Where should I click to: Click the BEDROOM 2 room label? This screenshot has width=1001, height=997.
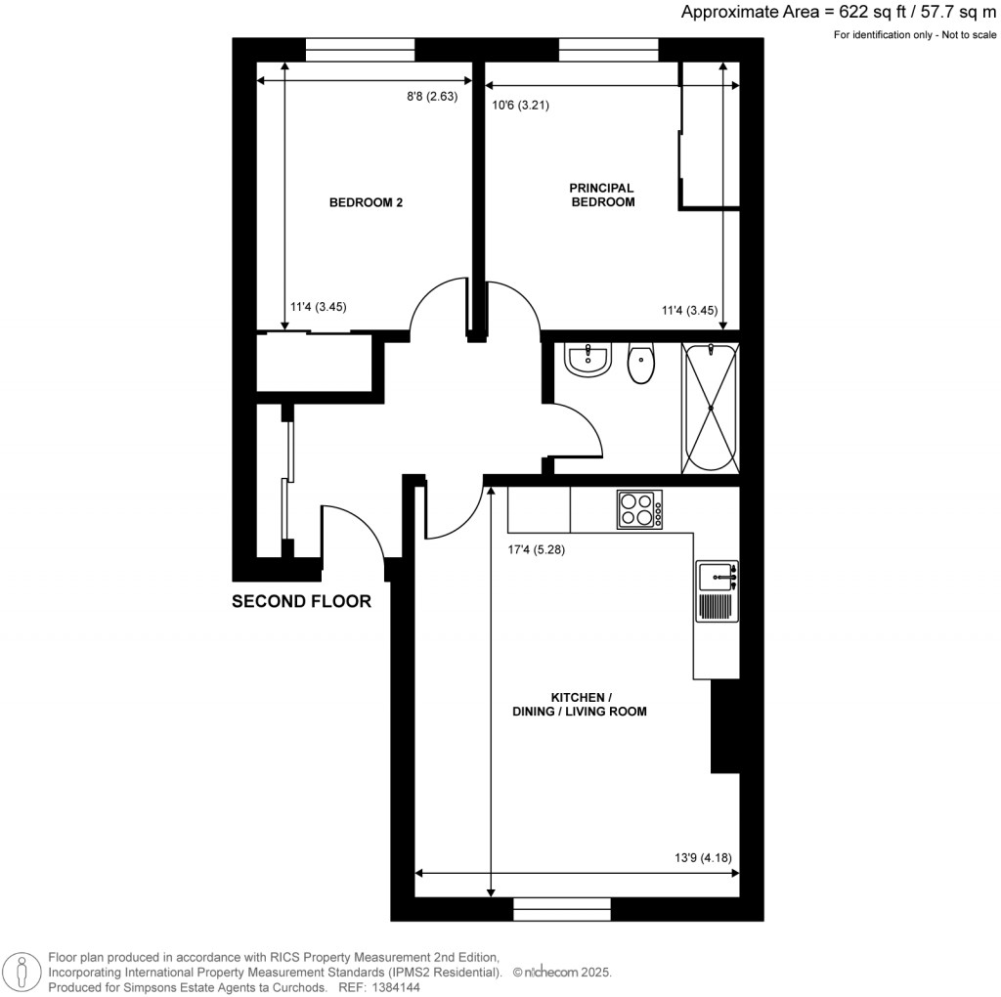[x=366, y=203]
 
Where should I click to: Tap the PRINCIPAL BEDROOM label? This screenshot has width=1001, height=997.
[x=602, y=195]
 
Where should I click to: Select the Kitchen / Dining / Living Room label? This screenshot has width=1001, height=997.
[x=580, y=705]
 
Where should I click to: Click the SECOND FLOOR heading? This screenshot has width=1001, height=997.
[x=301, y=602]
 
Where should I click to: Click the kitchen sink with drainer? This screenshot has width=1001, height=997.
[x=718, y=590]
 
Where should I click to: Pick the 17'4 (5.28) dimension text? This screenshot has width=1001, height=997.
[x=536, y=549]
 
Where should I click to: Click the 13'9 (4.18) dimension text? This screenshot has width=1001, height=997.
[x=703, y=859]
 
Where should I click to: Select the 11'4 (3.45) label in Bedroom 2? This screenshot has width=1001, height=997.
[x=319, y=307]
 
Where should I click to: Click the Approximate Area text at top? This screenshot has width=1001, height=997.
[x=839, y=13]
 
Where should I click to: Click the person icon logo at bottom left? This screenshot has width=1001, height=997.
[x=22, y=972]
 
